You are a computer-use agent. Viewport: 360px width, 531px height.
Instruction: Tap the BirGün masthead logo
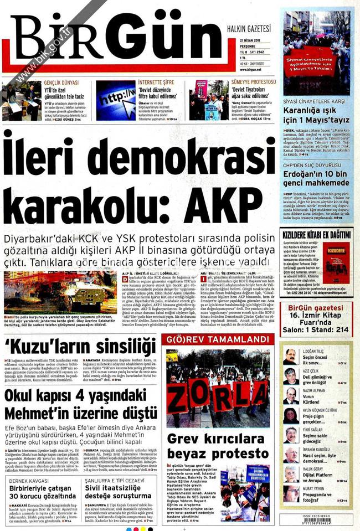tap(119, 39)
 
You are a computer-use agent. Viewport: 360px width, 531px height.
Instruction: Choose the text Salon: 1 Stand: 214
tap(317, 330)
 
